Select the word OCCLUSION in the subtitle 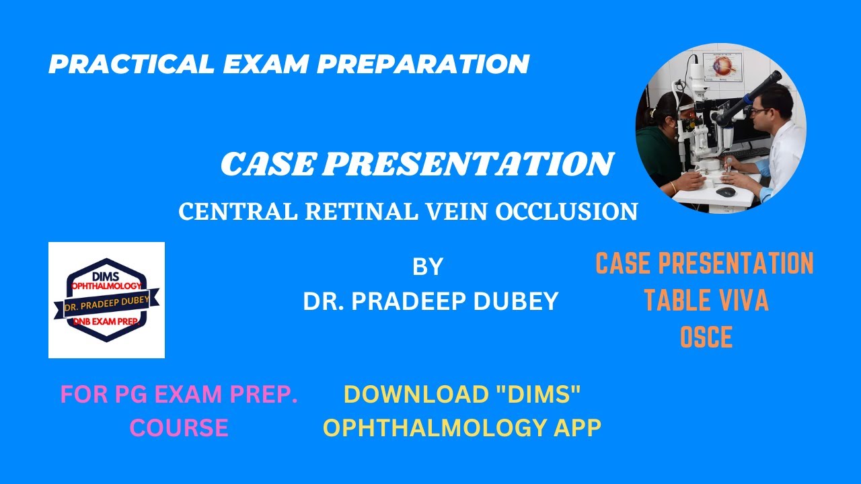point(566,212)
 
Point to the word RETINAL point(338,212)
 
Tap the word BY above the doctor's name point(428,268)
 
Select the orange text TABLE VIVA point(706,301)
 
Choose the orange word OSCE point(706,337)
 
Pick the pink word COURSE point(179,428)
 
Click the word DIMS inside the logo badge point(106,276)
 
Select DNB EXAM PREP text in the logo point(106,323)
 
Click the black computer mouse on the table point(725,192)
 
